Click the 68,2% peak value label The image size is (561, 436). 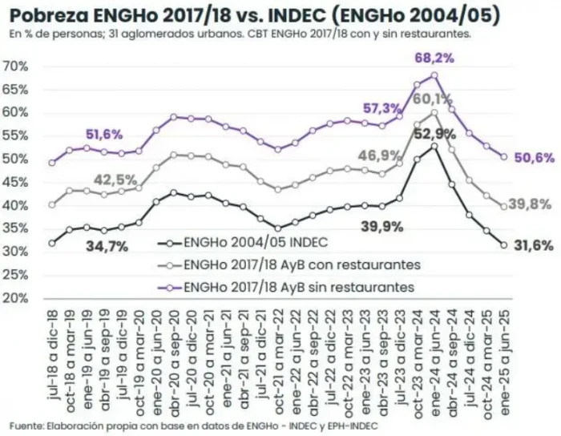[434, 59]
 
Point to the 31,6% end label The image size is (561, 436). [536, 245]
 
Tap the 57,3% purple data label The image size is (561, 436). [382, 108]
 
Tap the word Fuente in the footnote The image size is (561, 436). [26, 425]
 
